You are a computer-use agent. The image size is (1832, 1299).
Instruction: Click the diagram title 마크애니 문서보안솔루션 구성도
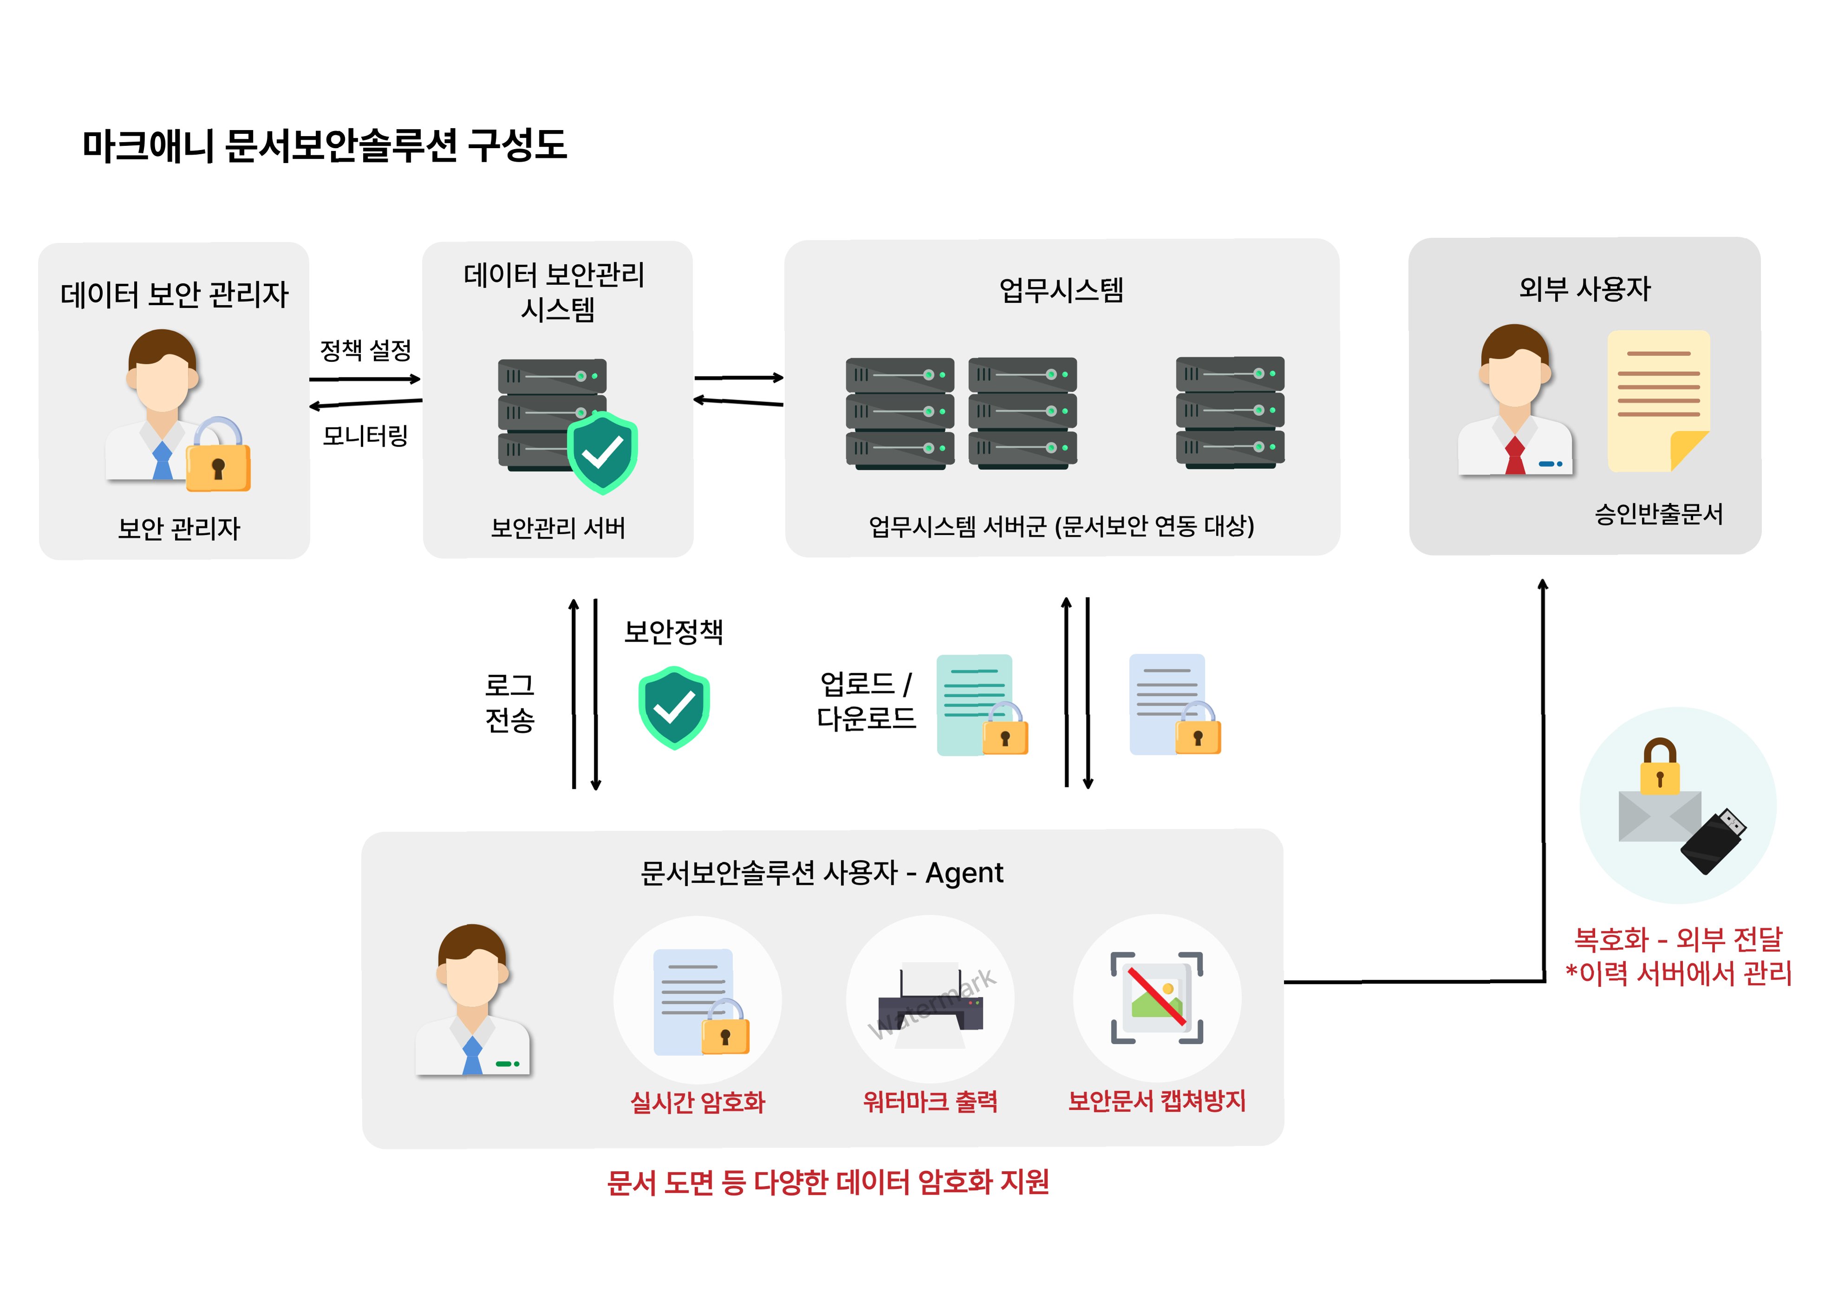point(324,145)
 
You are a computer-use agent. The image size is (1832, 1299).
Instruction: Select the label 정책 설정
point(366,349)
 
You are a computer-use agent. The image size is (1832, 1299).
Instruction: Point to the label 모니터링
point(366,436)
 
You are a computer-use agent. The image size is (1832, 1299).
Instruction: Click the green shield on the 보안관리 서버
point(602,452)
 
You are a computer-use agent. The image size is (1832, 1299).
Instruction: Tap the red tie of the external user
point(1515,456)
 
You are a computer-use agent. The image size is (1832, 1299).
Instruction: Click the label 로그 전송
point(510,702)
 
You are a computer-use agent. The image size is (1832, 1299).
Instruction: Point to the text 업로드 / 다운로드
point(865,701)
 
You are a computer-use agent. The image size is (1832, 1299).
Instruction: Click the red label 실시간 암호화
point(697,1102)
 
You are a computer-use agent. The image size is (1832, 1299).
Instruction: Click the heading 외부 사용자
point(1584,289)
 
